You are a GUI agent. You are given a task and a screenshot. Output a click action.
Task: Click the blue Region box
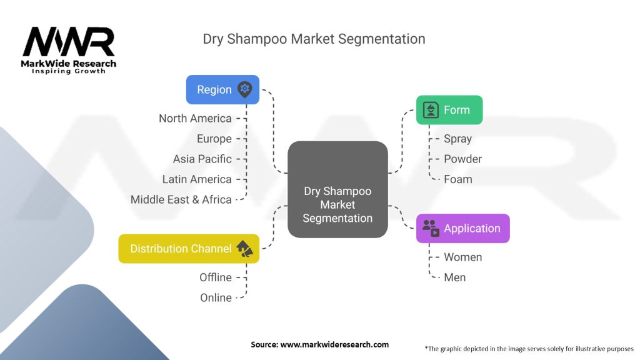pos(222,90)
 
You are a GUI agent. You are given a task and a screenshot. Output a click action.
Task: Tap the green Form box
pos(449,110)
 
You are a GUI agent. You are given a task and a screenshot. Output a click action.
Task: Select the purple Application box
pos(462,228)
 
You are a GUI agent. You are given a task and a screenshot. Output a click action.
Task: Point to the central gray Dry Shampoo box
pos(337,189)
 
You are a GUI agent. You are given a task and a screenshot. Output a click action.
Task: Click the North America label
pos(195,118)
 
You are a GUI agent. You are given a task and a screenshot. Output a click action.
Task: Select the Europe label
pos(214,139)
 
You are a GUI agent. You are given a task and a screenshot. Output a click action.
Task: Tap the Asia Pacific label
pos(202,159)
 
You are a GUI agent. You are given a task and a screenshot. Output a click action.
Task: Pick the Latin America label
pos(197,179)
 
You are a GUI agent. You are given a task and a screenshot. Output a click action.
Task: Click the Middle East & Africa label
pos(181,200)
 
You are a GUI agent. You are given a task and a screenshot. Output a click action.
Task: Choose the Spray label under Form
pos(457,139)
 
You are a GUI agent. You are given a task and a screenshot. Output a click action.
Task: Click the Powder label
pos(462,159)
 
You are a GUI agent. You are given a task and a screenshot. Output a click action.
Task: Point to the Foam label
pos(458,179)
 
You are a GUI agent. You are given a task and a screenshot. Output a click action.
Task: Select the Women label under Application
pos(462,257)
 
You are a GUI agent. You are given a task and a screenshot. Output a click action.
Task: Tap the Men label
pos(455,277)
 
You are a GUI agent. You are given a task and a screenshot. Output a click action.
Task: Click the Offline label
pos(216,277)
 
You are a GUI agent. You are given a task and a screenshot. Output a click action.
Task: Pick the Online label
pos(216,297)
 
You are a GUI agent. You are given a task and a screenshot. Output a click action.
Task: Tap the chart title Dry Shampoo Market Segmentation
pos(314,39)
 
